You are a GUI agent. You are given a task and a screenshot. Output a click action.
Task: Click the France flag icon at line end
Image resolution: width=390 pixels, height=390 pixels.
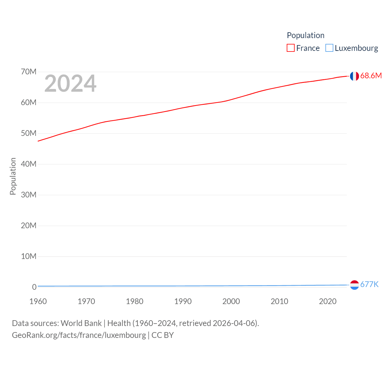(354, 76)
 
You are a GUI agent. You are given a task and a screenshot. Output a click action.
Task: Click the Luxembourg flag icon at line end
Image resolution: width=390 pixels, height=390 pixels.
(354, 285)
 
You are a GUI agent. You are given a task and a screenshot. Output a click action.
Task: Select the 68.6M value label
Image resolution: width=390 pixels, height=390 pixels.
(371, 76)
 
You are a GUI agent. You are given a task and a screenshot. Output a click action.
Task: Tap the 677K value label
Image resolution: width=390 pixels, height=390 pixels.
(369, 284)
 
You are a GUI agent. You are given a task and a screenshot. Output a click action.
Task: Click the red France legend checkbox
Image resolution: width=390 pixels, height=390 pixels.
(291, 48)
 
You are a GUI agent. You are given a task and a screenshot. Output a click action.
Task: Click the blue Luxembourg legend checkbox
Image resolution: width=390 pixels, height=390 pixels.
(329, 48)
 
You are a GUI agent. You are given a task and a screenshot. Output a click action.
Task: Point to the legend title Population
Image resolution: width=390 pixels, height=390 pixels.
(306, 35)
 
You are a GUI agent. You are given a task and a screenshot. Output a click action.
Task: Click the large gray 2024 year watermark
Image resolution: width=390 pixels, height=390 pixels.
(70, 83)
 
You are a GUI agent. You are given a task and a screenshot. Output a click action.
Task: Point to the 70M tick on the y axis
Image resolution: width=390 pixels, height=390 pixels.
(29, 72)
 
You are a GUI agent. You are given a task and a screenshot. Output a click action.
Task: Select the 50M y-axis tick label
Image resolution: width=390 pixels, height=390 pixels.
(29, 133)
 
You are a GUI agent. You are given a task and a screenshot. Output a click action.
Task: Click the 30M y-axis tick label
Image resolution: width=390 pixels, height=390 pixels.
(29, 195)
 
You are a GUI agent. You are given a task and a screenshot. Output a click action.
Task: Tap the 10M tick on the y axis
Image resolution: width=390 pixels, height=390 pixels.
(29, 256)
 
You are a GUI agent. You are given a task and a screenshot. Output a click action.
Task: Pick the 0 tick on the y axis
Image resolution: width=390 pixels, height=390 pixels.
(34, 287)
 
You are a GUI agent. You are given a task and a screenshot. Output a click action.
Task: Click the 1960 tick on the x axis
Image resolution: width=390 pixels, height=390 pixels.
(38, 301)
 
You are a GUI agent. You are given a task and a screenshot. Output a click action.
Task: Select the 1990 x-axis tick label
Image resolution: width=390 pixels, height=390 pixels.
(183, 301)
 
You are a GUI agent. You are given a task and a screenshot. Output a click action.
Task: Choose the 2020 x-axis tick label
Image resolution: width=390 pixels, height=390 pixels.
(328, 301)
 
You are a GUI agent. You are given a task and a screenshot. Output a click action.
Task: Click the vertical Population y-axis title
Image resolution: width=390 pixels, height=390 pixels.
(13, 176)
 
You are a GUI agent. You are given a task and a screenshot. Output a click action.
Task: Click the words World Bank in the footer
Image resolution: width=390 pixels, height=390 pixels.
(81, 323)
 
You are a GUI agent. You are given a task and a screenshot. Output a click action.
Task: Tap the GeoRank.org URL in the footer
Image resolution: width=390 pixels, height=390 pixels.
(79, 335)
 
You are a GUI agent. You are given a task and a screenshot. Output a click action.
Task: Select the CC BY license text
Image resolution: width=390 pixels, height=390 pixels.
(163, 335)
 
